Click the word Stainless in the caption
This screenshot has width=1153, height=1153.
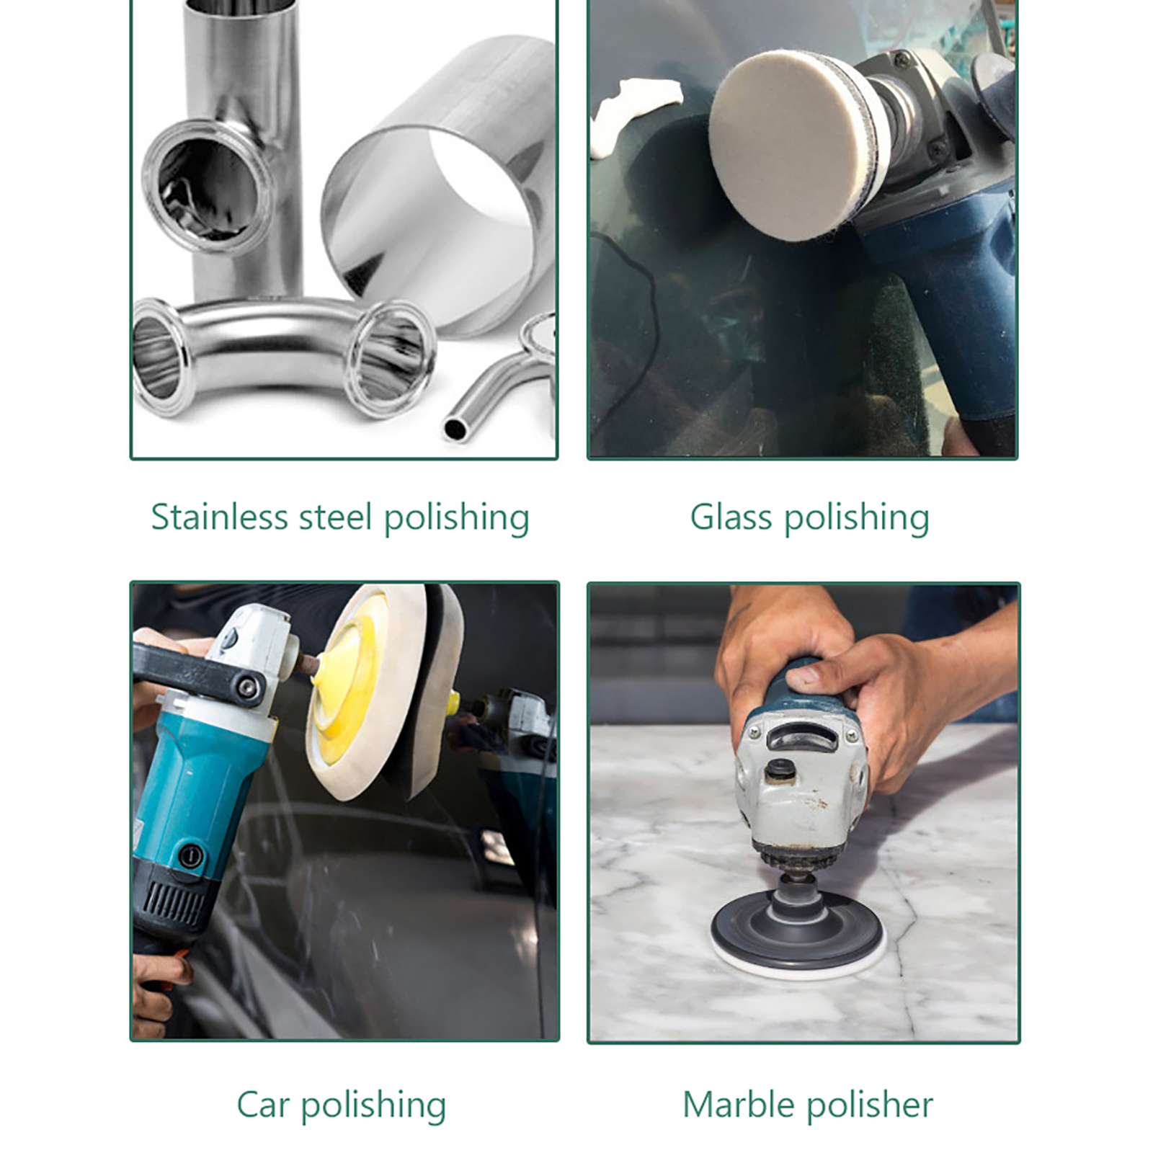point(220,517)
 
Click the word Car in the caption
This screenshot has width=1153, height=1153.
point(263,1105)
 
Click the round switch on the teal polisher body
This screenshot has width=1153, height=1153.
point(191,857)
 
